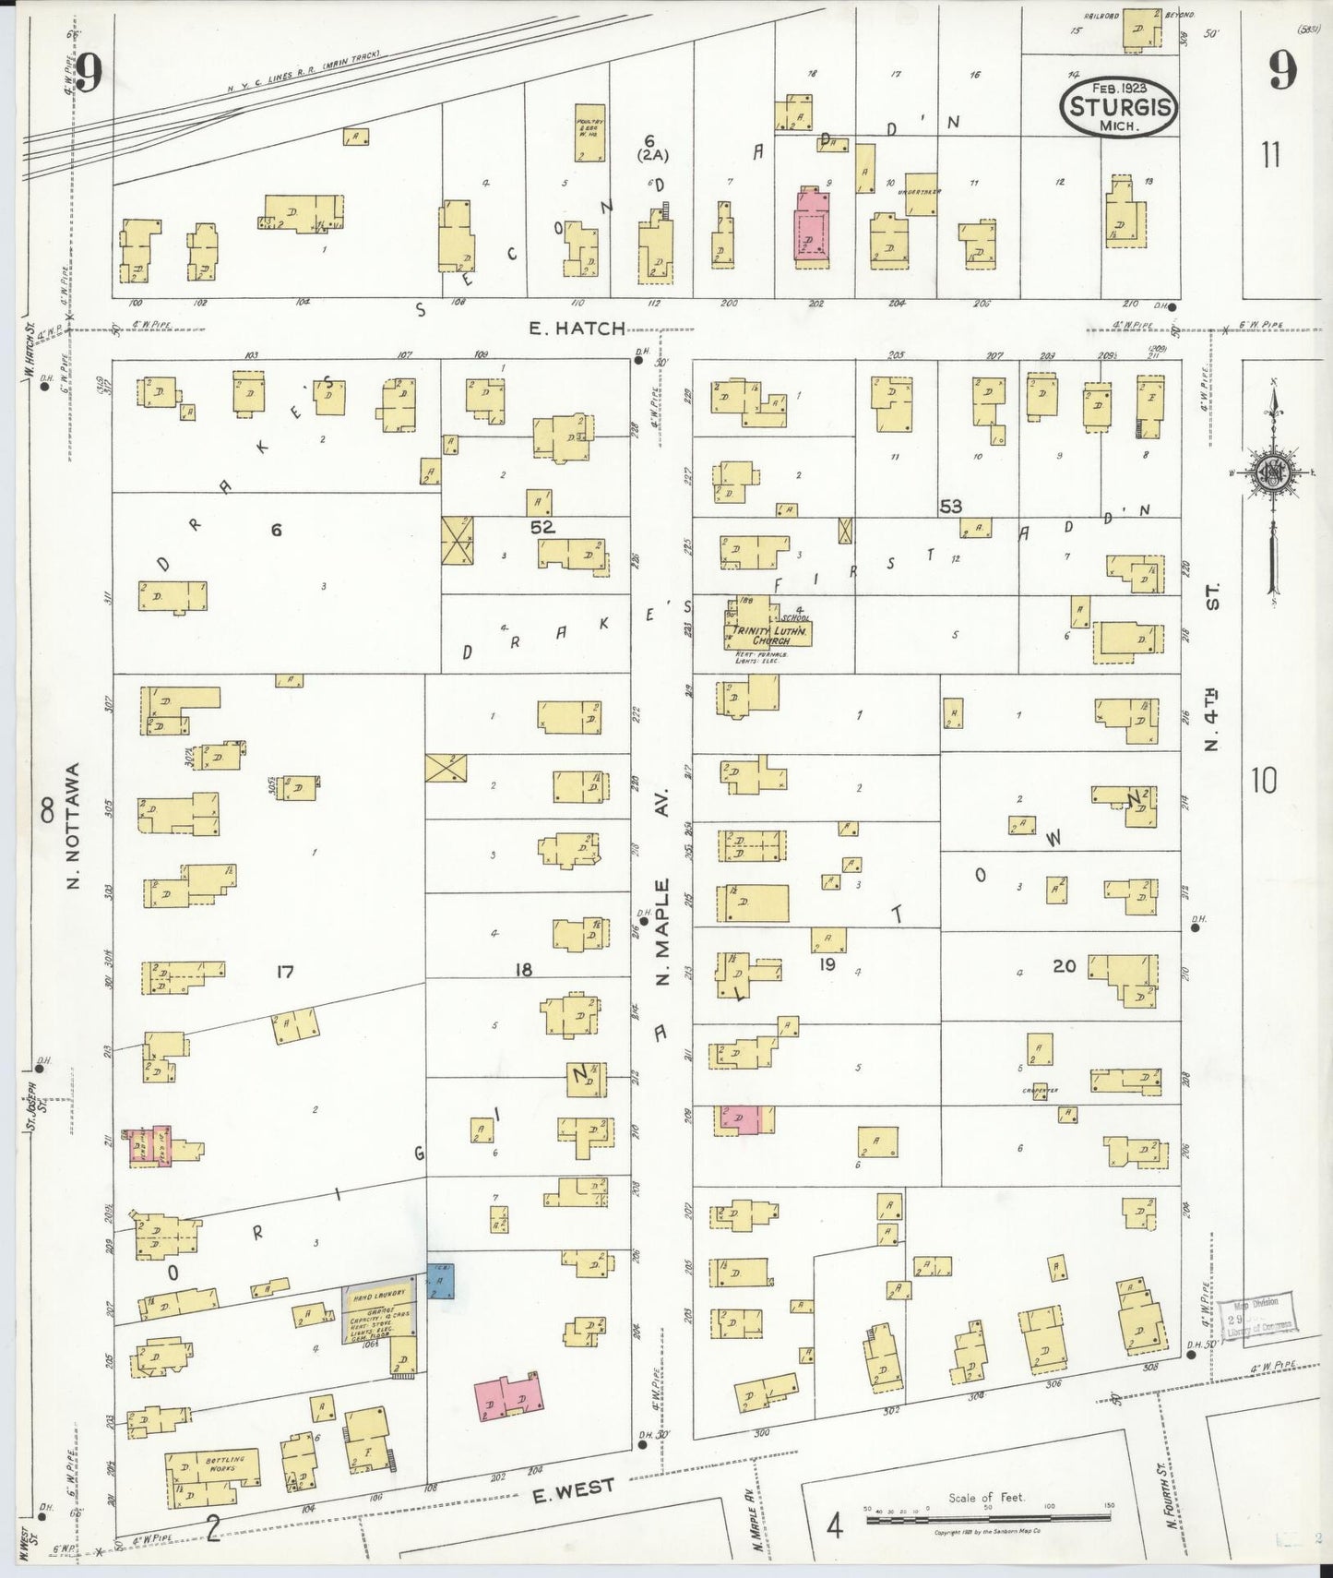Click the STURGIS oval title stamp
1120,107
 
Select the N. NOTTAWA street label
75,826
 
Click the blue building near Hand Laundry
440,1281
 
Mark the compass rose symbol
1273,473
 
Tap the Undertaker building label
922,194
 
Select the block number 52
542,527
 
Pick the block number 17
284,971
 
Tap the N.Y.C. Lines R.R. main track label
304,72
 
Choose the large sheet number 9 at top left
88,73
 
